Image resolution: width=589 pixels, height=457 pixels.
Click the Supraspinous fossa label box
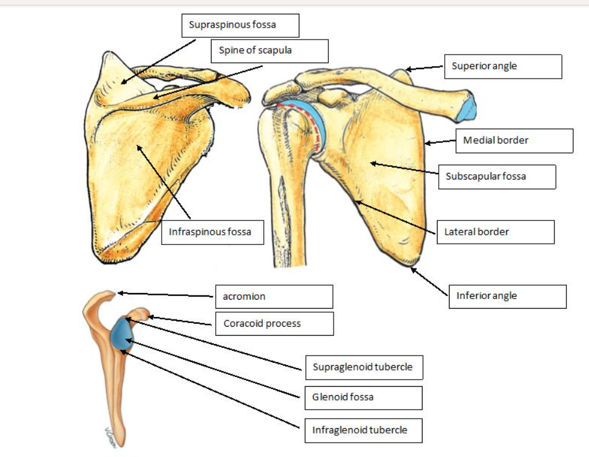(x=240, y=26)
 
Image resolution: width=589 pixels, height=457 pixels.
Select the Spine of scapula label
(x=269, y=51)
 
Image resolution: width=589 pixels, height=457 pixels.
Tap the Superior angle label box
(x=503, y=67)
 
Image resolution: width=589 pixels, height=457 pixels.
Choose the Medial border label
(x=514, y=141)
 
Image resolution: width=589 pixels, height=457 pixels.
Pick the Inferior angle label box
(x=507, y=296)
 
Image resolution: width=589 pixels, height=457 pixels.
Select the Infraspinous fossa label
(x=212, y=232)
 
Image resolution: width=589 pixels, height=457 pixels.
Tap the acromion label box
(x=273, y=297)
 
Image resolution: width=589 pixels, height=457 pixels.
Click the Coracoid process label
(x=273, y=324)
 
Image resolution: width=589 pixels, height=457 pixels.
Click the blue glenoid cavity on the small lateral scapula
(x=123, y=332)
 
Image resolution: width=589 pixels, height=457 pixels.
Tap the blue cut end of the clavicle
(x=467, y=107)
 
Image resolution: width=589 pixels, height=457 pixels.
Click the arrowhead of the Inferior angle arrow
(x=412, y=268)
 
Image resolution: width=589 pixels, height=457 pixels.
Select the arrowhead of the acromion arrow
(x=120, y=293)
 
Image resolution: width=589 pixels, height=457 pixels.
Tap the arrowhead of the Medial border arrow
(x=427, y=143)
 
